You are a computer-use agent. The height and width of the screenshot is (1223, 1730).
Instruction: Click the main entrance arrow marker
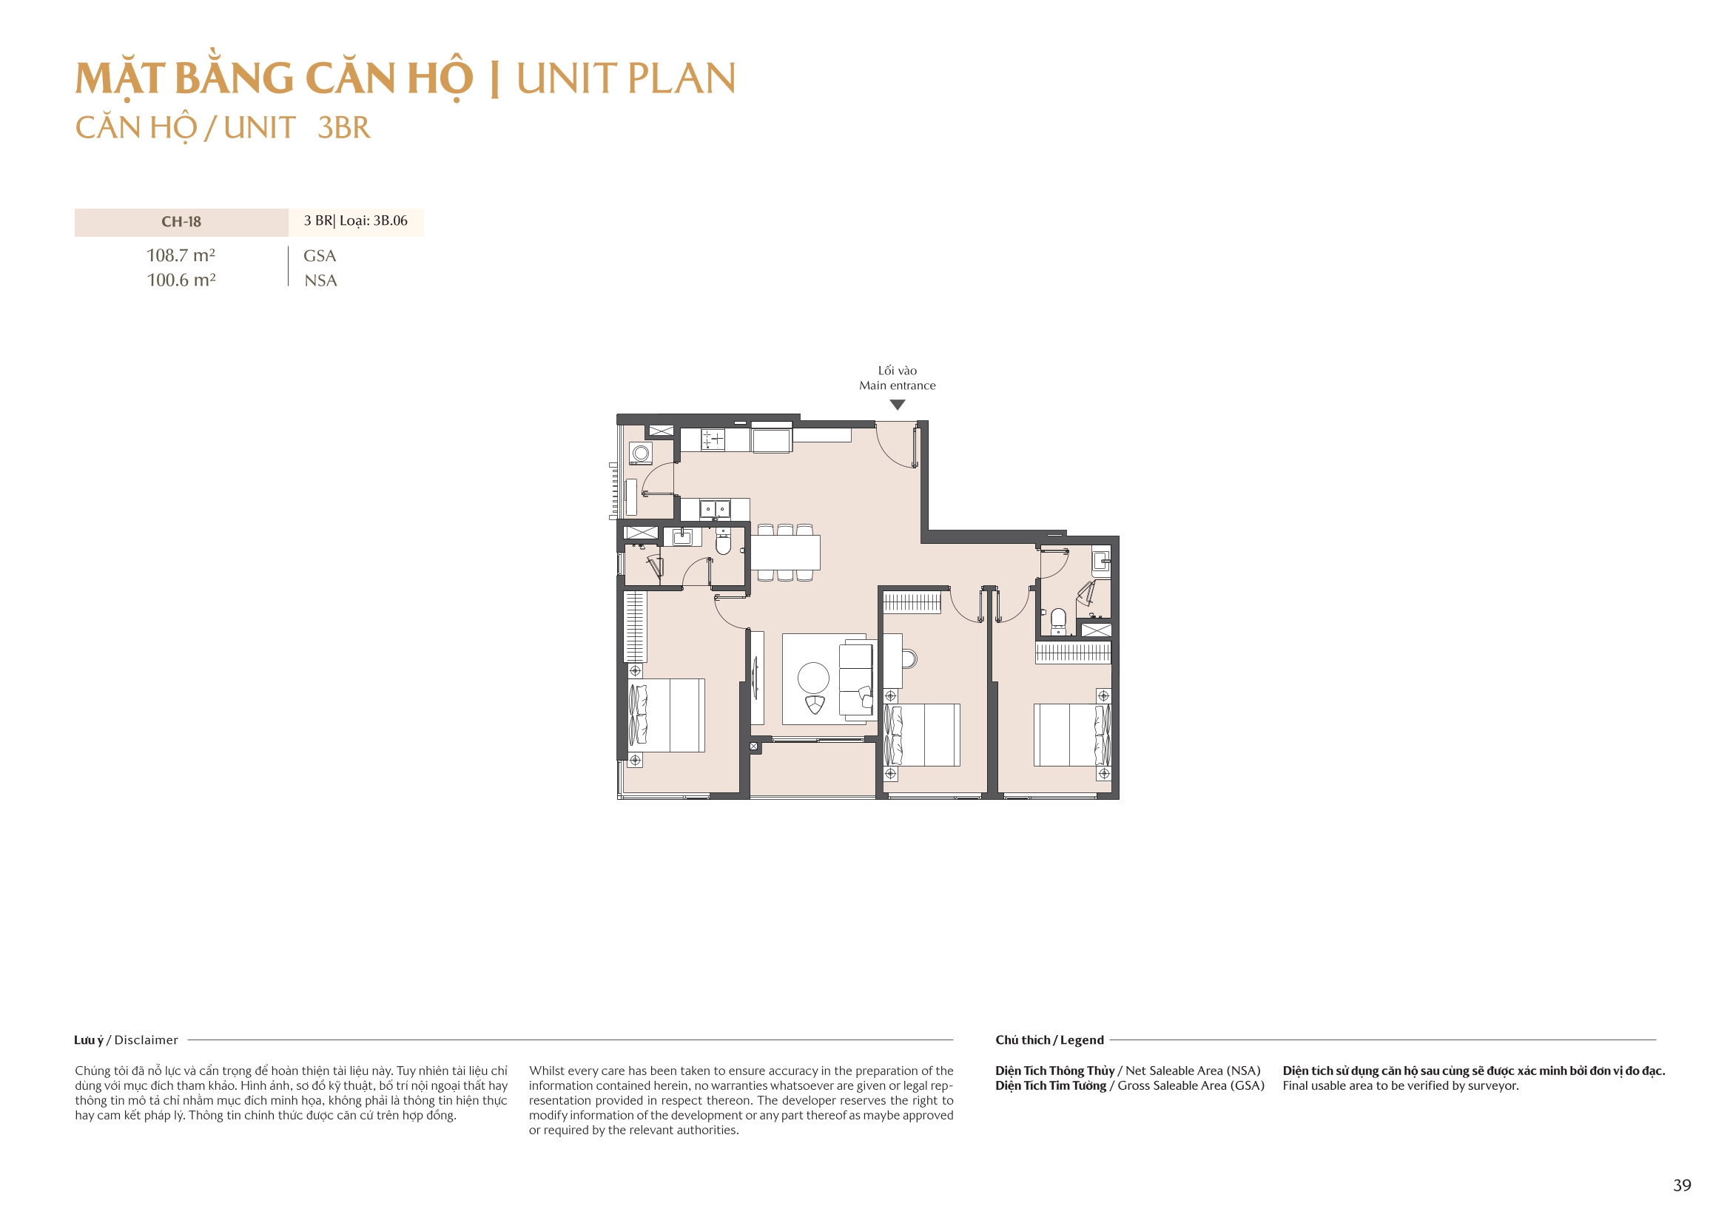[x=897, y=405]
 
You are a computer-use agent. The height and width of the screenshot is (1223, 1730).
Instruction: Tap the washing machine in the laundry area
[x=641, y=453]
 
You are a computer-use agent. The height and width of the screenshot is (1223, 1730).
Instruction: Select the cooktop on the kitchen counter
[x=712, y=439]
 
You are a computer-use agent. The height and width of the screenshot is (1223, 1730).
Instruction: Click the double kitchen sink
[x=714, y=509]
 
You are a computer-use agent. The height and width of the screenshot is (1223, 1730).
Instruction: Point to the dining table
[x=785, y=553]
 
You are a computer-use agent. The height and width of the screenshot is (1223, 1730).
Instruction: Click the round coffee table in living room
[x=813, y=678]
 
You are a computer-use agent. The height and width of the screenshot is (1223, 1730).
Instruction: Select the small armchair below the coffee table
[x=815, y=704]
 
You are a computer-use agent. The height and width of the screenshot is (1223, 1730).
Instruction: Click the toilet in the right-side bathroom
[x=1058, y=619]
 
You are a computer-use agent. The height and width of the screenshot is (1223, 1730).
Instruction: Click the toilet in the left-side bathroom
[x=723, y=542]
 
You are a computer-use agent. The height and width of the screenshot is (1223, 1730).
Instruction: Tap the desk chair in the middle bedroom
[x=909, y=658]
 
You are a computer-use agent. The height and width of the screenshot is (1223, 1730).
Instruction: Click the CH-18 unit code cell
[x=181, y=221]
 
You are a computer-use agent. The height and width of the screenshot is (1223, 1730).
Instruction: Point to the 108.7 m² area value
[x=181, y=255]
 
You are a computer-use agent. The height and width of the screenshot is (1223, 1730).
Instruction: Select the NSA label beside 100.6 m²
[x=320, y=280]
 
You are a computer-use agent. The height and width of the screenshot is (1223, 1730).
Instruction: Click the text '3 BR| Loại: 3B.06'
[x=355, y=220]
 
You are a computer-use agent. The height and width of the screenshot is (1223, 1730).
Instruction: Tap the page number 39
[x=1682, y=1185]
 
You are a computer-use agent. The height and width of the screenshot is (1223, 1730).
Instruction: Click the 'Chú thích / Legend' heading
[x=1049, y=1040]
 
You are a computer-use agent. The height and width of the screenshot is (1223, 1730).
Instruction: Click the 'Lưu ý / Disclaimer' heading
[x=126, y=1040]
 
